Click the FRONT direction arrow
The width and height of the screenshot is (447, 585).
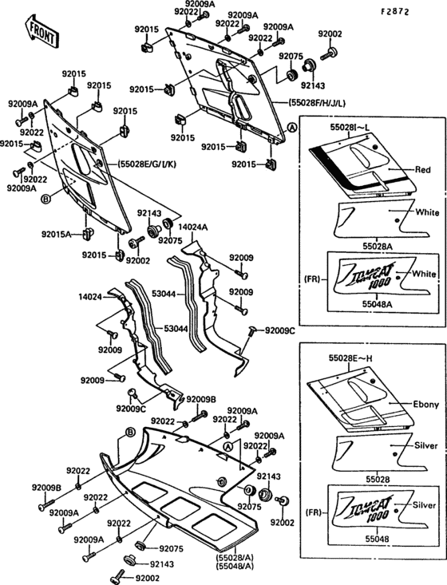[41, 31]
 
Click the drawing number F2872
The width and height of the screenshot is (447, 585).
[395, 11]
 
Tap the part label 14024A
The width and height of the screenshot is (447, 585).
[192, 227]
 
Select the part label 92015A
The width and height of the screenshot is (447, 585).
[56, 235]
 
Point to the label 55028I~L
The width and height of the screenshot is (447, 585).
[350, 128]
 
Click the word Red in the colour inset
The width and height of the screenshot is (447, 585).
[423, 170]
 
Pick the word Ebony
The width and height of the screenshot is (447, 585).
[425, 405]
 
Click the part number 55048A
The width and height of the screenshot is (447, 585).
[377, 304]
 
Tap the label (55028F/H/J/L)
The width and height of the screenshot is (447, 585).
[316, 103]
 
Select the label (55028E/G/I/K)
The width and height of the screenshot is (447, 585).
[147, 164]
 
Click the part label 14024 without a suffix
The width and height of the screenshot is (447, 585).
[89, 297]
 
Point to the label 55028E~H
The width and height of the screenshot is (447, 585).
[350, 358]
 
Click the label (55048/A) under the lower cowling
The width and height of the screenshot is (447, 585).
[235, 565]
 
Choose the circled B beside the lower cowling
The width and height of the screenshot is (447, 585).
[130, 433]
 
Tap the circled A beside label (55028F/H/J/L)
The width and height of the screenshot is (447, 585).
[292, 128]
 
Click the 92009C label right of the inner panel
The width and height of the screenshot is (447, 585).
[280, 330]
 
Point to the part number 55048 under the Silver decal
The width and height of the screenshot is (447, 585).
[377, 539]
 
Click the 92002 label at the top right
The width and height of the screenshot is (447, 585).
[330, 34]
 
